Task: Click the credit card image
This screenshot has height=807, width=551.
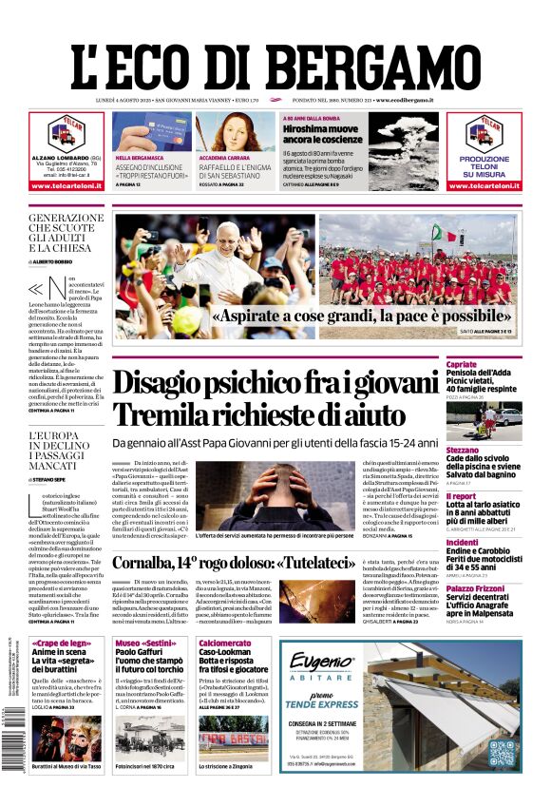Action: pyautogui.click(x=157, y=130)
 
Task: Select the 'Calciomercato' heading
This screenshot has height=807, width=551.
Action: pyautogui.click(x=225, y=644)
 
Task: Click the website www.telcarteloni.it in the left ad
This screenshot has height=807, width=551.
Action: pyautogui.click(x=66, y=185)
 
